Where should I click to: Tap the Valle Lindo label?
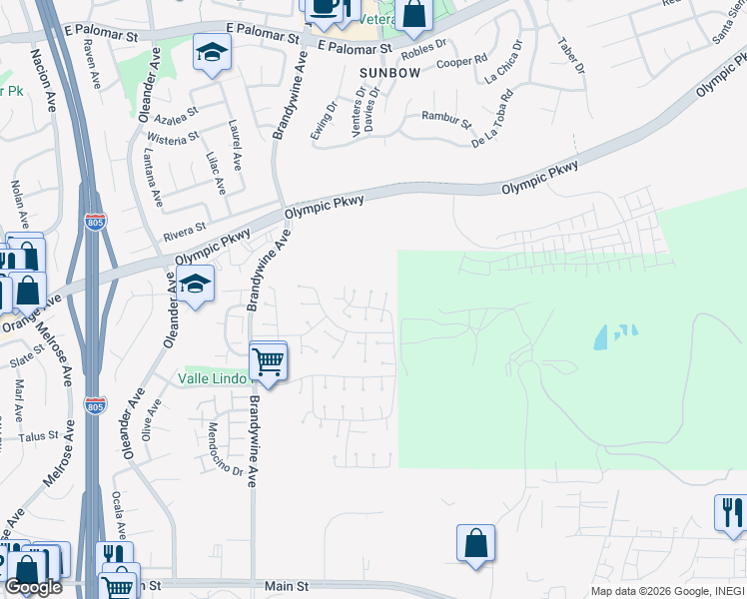coord(213,378)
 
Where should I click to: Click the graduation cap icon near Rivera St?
coord(197,285)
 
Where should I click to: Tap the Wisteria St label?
coord(173,140)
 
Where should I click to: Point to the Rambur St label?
coord(445,121)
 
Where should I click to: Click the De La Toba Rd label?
coord(492,119)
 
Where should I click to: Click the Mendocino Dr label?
coord(226,448)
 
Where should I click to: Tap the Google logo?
coord(33,587)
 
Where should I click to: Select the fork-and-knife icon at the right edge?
coord(730,513)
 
